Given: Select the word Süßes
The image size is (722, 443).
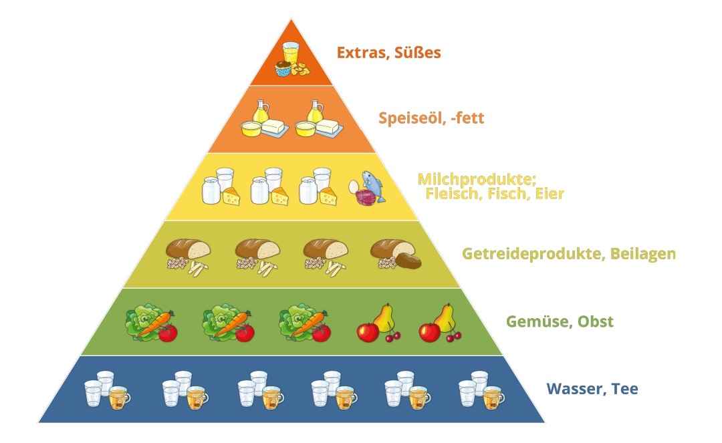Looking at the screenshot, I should (417, 52).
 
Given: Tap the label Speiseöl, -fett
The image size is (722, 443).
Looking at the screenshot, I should (431, 119).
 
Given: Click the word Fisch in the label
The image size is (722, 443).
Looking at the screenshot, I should (510, 194).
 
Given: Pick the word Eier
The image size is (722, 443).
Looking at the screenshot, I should (550, 194).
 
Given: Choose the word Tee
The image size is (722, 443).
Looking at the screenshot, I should (624, 388).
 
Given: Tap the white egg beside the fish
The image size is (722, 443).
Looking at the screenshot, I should (354, 186).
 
